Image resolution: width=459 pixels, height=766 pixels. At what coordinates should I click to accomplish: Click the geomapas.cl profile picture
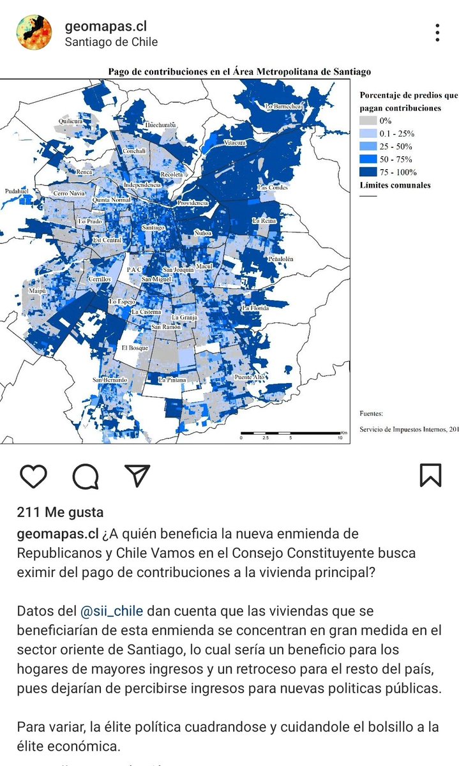pyautogui.click(x=34, y=33)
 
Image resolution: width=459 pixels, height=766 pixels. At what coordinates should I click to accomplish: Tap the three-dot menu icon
pyautogui.click(x=437, y=33)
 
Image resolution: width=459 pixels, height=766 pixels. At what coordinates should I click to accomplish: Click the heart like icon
pyautogui.click(x=34, y=475)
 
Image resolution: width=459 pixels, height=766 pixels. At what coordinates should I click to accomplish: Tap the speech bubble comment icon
pyautogui.click(x=85, y=475)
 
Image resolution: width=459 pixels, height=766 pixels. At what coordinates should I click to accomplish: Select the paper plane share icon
pyautogui.click(x=137, y=475)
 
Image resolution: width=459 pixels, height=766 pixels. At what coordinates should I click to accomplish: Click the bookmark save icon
pyautogui.click(x=430, y=475)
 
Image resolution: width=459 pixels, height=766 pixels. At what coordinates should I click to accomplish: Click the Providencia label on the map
pyautogui.click(x=193, y=203)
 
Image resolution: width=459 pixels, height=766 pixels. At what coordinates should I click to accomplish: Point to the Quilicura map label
pyautogui.click(x=71, y=121)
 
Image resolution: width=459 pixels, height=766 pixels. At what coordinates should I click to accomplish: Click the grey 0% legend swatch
pyautogui.click(x=368, y=121)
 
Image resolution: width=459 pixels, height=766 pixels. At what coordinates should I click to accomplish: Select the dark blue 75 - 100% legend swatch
pyautogui.click(x=368, y=172)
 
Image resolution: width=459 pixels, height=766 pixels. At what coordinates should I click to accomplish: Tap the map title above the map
pyautogui.click(x=239, y=72)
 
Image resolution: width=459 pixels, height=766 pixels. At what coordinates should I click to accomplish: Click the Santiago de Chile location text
pyautogui.click(x=111, y=42)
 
